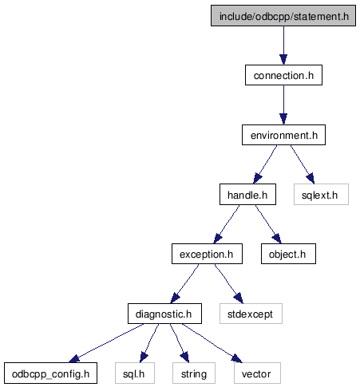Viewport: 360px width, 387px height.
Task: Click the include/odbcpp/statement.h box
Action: pos(283,16)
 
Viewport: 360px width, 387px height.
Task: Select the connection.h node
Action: pos(283,75)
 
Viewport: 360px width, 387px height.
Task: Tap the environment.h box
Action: pos(283,135)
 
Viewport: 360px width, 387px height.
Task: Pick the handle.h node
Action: pos(247,195)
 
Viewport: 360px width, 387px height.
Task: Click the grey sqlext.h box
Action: pos(321,195)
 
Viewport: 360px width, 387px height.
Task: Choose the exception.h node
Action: pos(207,254)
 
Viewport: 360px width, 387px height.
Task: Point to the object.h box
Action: pos(288,254)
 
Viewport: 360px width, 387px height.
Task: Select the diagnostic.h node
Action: pos(164,314)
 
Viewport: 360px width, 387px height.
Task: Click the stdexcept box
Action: pos(251,314)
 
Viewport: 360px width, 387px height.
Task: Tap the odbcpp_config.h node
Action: pos(50,373)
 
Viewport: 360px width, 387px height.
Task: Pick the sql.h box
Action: pos(135,373)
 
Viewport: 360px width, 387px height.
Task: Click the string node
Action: pos(194,373)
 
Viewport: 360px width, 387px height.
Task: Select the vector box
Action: pos(257,373)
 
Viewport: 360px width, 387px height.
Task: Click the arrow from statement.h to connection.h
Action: pos(283,45)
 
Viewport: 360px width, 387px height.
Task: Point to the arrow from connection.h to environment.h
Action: pos(283,105)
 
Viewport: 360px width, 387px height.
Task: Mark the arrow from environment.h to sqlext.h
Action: pos(303,164)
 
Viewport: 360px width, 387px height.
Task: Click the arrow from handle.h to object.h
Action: pos(268,224)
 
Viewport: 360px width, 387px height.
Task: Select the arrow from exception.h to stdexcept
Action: pos(229,284)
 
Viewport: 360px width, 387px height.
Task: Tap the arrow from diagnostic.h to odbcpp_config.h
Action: pos(106,343)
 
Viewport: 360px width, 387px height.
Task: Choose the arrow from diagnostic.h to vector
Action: pos(212,343)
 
